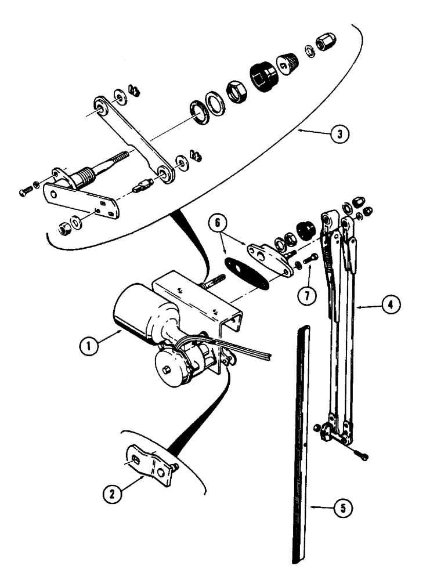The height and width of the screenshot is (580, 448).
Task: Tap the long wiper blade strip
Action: click(x=301, y=441)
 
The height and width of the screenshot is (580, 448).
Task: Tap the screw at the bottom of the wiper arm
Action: click(x=363, y=457)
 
